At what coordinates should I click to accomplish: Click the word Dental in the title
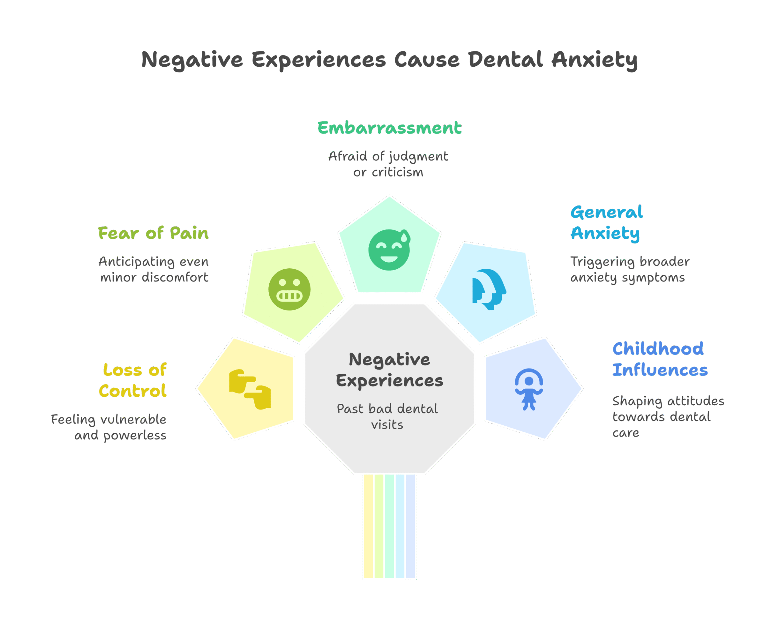(505, 60)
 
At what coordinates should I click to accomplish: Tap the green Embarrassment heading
(389, 128)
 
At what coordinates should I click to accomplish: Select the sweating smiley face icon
(389, 249)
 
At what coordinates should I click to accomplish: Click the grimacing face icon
(289, 289)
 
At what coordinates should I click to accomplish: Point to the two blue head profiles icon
(489, 289)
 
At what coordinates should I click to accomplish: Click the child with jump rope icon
(529, 389)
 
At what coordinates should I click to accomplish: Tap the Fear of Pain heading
(153, 233)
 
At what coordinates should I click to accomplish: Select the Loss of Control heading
(133, 380)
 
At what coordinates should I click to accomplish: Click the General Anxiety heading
(606, 222)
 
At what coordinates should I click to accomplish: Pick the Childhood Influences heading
(659, 359)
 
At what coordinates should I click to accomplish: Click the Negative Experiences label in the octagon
(389, 370)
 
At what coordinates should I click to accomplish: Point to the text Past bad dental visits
(387, 417)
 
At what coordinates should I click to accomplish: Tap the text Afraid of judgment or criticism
(388, 164)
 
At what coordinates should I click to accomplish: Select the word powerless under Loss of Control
(135, 436)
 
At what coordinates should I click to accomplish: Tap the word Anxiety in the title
(594, 60)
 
